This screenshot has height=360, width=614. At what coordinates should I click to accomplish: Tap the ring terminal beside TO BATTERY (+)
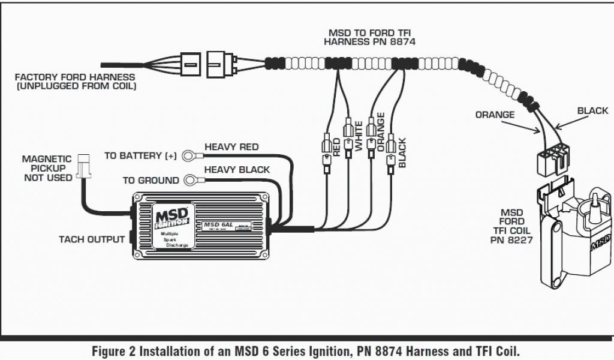(191, 155)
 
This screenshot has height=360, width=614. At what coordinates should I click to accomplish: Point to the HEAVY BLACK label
(237, 170)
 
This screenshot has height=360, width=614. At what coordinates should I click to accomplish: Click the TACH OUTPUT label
(92, 239)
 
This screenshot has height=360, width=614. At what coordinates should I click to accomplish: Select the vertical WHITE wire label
(359, 136)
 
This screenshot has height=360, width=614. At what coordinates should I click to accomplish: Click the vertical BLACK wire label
(402, 153)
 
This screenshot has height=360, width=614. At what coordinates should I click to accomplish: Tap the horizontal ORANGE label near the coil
(495, 115)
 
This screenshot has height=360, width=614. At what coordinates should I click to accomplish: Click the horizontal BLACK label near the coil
(592, 111)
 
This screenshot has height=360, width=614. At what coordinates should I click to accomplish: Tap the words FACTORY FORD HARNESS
(75, 77)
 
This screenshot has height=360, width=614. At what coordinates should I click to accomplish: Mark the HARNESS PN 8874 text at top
(369, 42)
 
